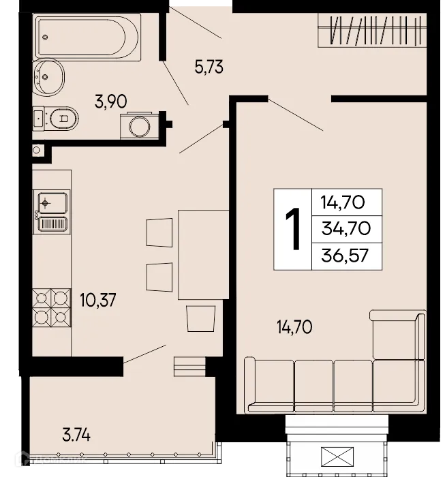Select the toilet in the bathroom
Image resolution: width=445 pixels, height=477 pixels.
point(59,119)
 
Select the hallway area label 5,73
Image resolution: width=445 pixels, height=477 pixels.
point(209,67)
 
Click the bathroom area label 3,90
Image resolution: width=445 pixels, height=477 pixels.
point(112,103)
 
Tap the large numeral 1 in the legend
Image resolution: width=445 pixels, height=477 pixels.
point(292,229)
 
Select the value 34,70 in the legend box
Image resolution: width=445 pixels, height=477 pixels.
point(346,228)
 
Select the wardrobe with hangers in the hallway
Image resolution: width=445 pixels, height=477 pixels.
point(372,31)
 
